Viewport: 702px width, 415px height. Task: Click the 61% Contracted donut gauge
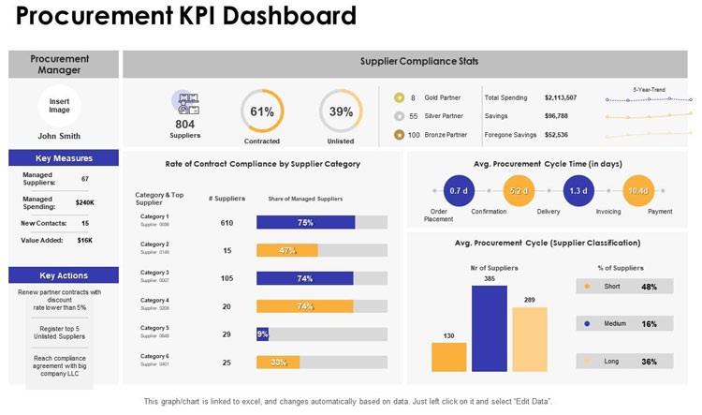pyautogui.click(x=262, y=111)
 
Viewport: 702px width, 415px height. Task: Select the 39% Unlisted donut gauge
pyautogui.click(x=341, y=111)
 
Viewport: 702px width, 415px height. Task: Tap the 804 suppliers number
pyautogui.click(x=185, y=124)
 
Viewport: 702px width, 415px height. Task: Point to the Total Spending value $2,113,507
pyautogui.click(x=561, y=97)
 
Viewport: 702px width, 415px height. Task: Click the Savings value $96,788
pyautogui.click(x=556, y=116)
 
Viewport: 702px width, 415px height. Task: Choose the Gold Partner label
pyautogui.click(x=445, y=97)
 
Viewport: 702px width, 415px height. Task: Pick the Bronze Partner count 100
pyautogui.click(x=413, y=135)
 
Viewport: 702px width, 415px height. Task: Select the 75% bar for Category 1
pyautogui.click(x=305, y=223)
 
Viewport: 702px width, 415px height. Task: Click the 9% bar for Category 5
pyautogui.click(x=262, y=334)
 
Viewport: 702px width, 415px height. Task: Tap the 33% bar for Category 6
pyautogui.click(x=277, y=363)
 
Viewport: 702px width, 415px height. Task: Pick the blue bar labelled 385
pyautogui.click(x=489, y=329)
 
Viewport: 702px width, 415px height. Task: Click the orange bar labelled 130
pyautogui.click(x=448, y=357)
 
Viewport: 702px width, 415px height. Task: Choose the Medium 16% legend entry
pyautogui.click(x=623, y=323)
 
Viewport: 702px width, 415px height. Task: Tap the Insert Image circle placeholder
pyautogui.click(x=59, y=106)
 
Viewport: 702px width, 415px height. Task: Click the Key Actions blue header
pyautogui.click(x=64, y=275)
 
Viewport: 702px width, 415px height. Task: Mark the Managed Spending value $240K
pyautogui.click(x=85, y=202)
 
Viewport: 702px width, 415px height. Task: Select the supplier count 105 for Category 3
pyautogui.click(x=227, y=279)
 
